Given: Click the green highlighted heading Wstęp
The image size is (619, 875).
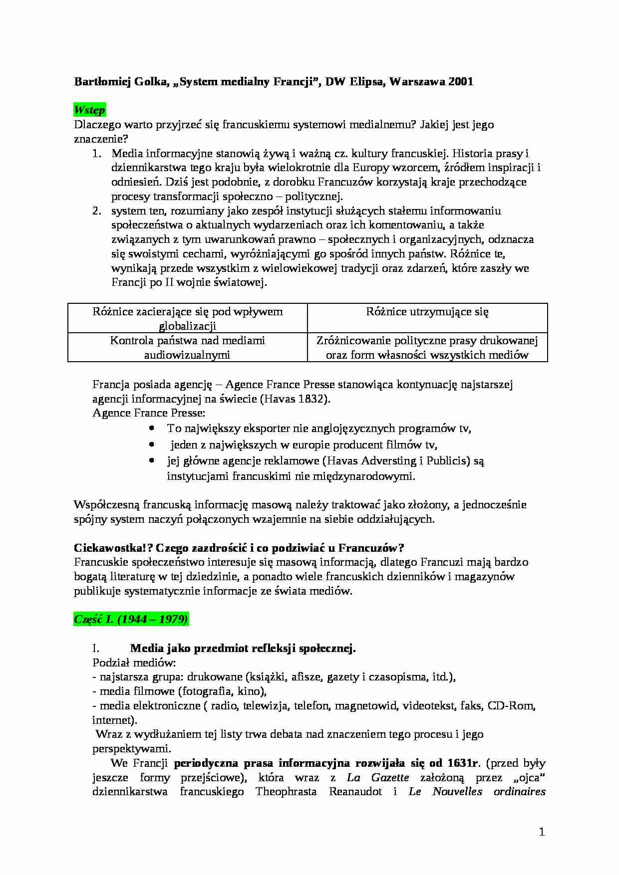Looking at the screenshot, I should click(89, 110).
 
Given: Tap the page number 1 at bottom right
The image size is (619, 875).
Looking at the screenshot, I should click(542, 832).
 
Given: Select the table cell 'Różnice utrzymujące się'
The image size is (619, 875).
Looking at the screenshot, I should click(427, 312).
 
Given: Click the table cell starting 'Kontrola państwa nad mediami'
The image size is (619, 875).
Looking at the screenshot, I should click(187, 348).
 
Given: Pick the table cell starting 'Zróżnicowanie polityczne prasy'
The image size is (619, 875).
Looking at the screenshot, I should click(427, 348).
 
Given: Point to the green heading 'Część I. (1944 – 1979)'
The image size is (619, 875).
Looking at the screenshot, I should click(131, 619).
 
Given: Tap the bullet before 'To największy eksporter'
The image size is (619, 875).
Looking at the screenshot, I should click(152, 429).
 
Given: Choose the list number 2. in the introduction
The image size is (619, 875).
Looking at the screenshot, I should click(97, 211).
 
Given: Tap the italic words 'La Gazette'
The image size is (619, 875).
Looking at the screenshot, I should click(378, 777).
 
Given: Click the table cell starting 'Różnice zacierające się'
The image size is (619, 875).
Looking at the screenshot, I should click(187, 319).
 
